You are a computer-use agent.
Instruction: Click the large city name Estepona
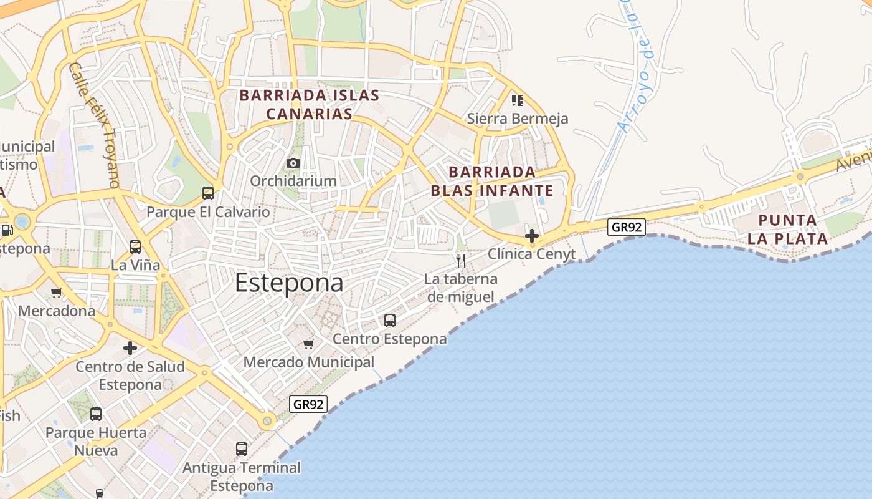(x=289, y=283)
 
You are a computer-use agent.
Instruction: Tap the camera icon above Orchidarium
(x=293, y=163)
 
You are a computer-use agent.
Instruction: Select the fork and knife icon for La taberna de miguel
(x=461, y=260)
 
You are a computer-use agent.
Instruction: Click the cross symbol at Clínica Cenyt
(x=532, y=236)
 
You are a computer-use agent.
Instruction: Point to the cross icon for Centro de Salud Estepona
(x=130, y=347)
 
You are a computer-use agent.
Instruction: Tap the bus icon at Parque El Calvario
(x=208, y=193)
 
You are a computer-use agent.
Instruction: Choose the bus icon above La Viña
(x=135, y=246)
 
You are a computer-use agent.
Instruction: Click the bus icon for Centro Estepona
(x=390, y=321)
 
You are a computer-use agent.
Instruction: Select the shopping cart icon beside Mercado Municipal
(x=308, y=344)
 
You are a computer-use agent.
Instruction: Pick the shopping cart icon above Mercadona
(x=57, y=292)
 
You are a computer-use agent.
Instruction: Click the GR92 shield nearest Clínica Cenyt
(x=627, y=227)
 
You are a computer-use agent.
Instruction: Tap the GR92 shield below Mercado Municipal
(x=308, y=404)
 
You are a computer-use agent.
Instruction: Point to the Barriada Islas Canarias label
(x=310, y=105)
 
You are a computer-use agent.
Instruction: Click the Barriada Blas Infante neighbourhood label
(x=492, y=181)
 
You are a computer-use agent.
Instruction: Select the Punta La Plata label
(x=788, y=229)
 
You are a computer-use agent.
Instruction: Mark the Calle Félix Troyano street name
(x=94, y=125)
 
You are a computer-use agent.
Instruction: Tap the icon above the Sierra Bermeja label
(x=517, y=100)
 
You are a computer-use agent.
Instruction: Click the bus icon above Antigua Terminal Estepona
(x=242, y=448)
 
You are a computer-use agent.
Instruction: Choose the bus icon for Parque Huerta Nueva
(x=96, y=414)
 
